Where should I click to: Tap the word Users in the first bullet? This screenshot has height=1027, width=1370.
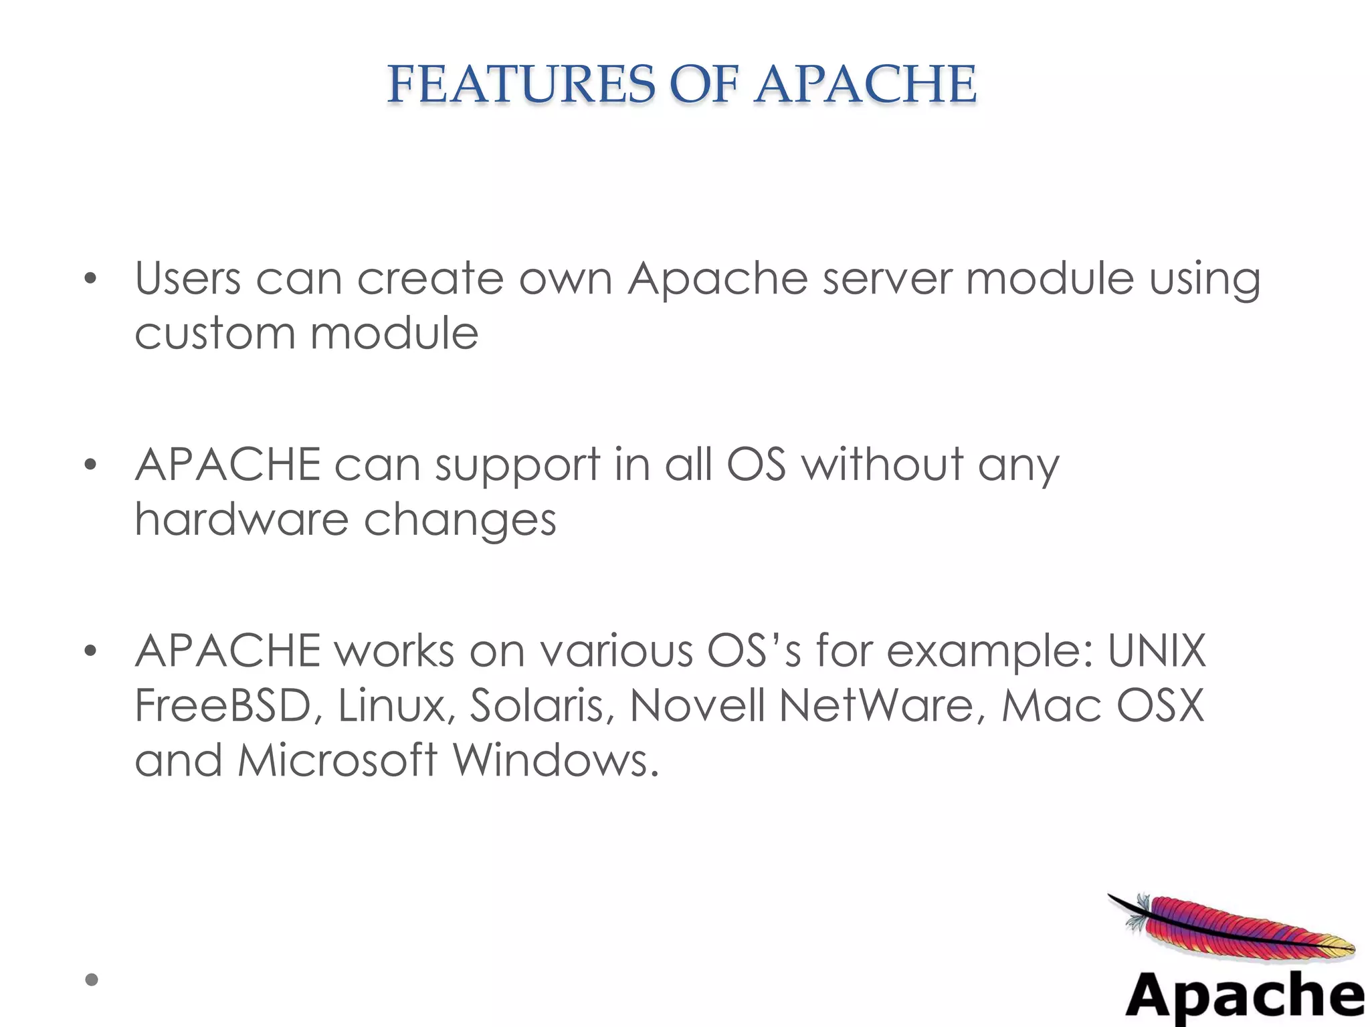[187, 278]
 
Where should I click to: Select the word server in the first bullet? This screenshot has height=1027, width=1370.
[886, 278]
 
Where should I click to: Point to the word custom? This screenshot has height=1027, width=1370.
[214, 333]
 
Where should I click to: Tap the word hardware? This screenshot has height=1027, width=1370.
[241, 520]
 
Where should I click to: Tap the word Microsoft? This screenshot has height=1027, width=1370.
[337, 760]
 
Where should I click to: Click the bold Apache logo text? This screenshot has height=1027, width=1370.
[1245, 996]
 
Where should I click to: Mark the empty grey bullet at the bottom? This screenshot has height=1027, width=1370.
[92, 980]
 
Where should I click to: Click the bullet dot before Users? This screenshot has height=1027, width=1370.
[91, 279]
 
